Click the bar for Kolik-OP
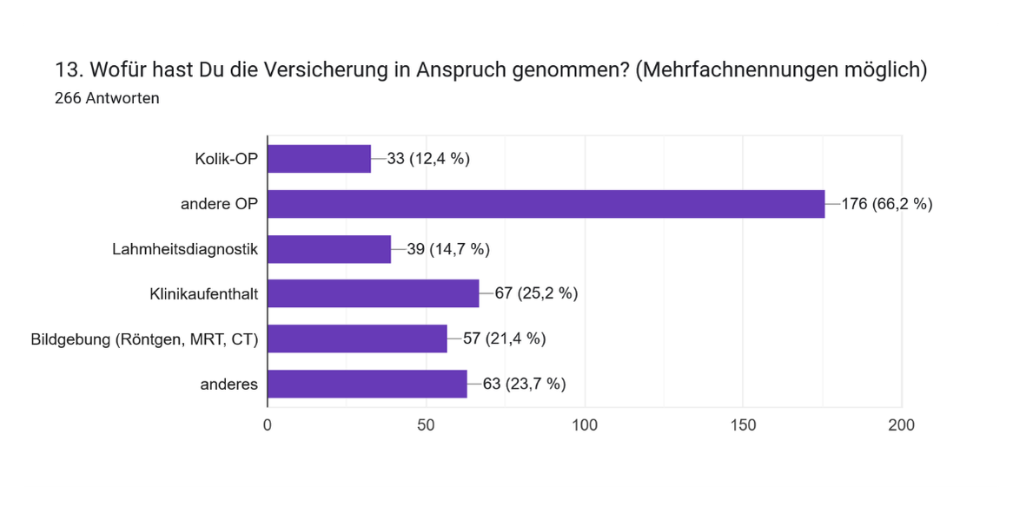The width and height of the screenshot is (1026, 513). pyautogui.click(x=319, y=159)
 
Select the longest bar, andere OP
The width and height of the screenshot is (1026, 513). pyautogui.click(x=546, y=204)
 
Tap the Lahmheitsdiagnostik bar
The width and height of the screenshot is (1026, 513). pyautogui.click(x=329, y=249)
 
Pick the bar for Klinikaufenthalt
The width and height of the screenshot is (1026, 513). pyautogui.click(x=373, y=293)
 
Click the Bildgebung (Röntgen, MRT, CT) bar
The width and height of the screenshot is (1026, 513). pyautogui.click(x=357, y=339)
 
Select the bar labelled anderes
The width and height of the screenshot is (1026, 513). pyautogui.click(x=367, y=384)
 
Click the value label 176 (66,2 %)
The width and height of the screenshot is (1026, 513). pyautogui.click(x=887, y=204)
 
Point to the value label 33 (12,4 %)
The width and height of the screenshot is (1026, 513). pyautogui.click(x=428, y=159)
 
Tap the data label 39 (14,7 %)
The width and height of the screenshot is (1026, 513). pyautogui.click(x=448, y=249)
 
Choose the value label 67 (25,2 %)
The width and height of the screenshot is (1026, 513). pyautogui.click(x=536, y=293)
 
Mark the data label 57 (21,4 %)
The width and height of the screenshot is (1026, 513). pyautogui.click(x=504, y=339)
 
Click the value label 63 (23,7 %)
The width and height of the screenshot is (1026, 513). pyautogui.click(x=524, y=384)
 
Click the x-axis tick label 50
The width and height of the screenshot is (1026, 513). pyautogui.click(x=426, y=425)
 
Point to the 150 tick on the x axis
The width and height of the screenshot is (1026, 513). pyautogui.click(x=743, y=425)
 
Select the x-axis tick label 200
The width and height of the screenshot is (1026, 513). pyautogui.click(x=901, y=425)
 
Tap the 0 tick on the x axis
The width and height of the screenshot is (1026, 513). pyautogui.click(x=267, y=425)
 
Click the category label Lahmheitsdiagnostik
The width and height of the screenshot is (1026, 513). pyautogui.click(x=185, y=249)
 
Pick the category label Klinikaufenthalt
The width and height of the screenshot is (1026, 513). pyautogui.click(x=203, y=293)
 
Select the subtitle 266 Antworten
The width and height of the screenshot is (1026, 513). pyautogui.click(x=107, y=98)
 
